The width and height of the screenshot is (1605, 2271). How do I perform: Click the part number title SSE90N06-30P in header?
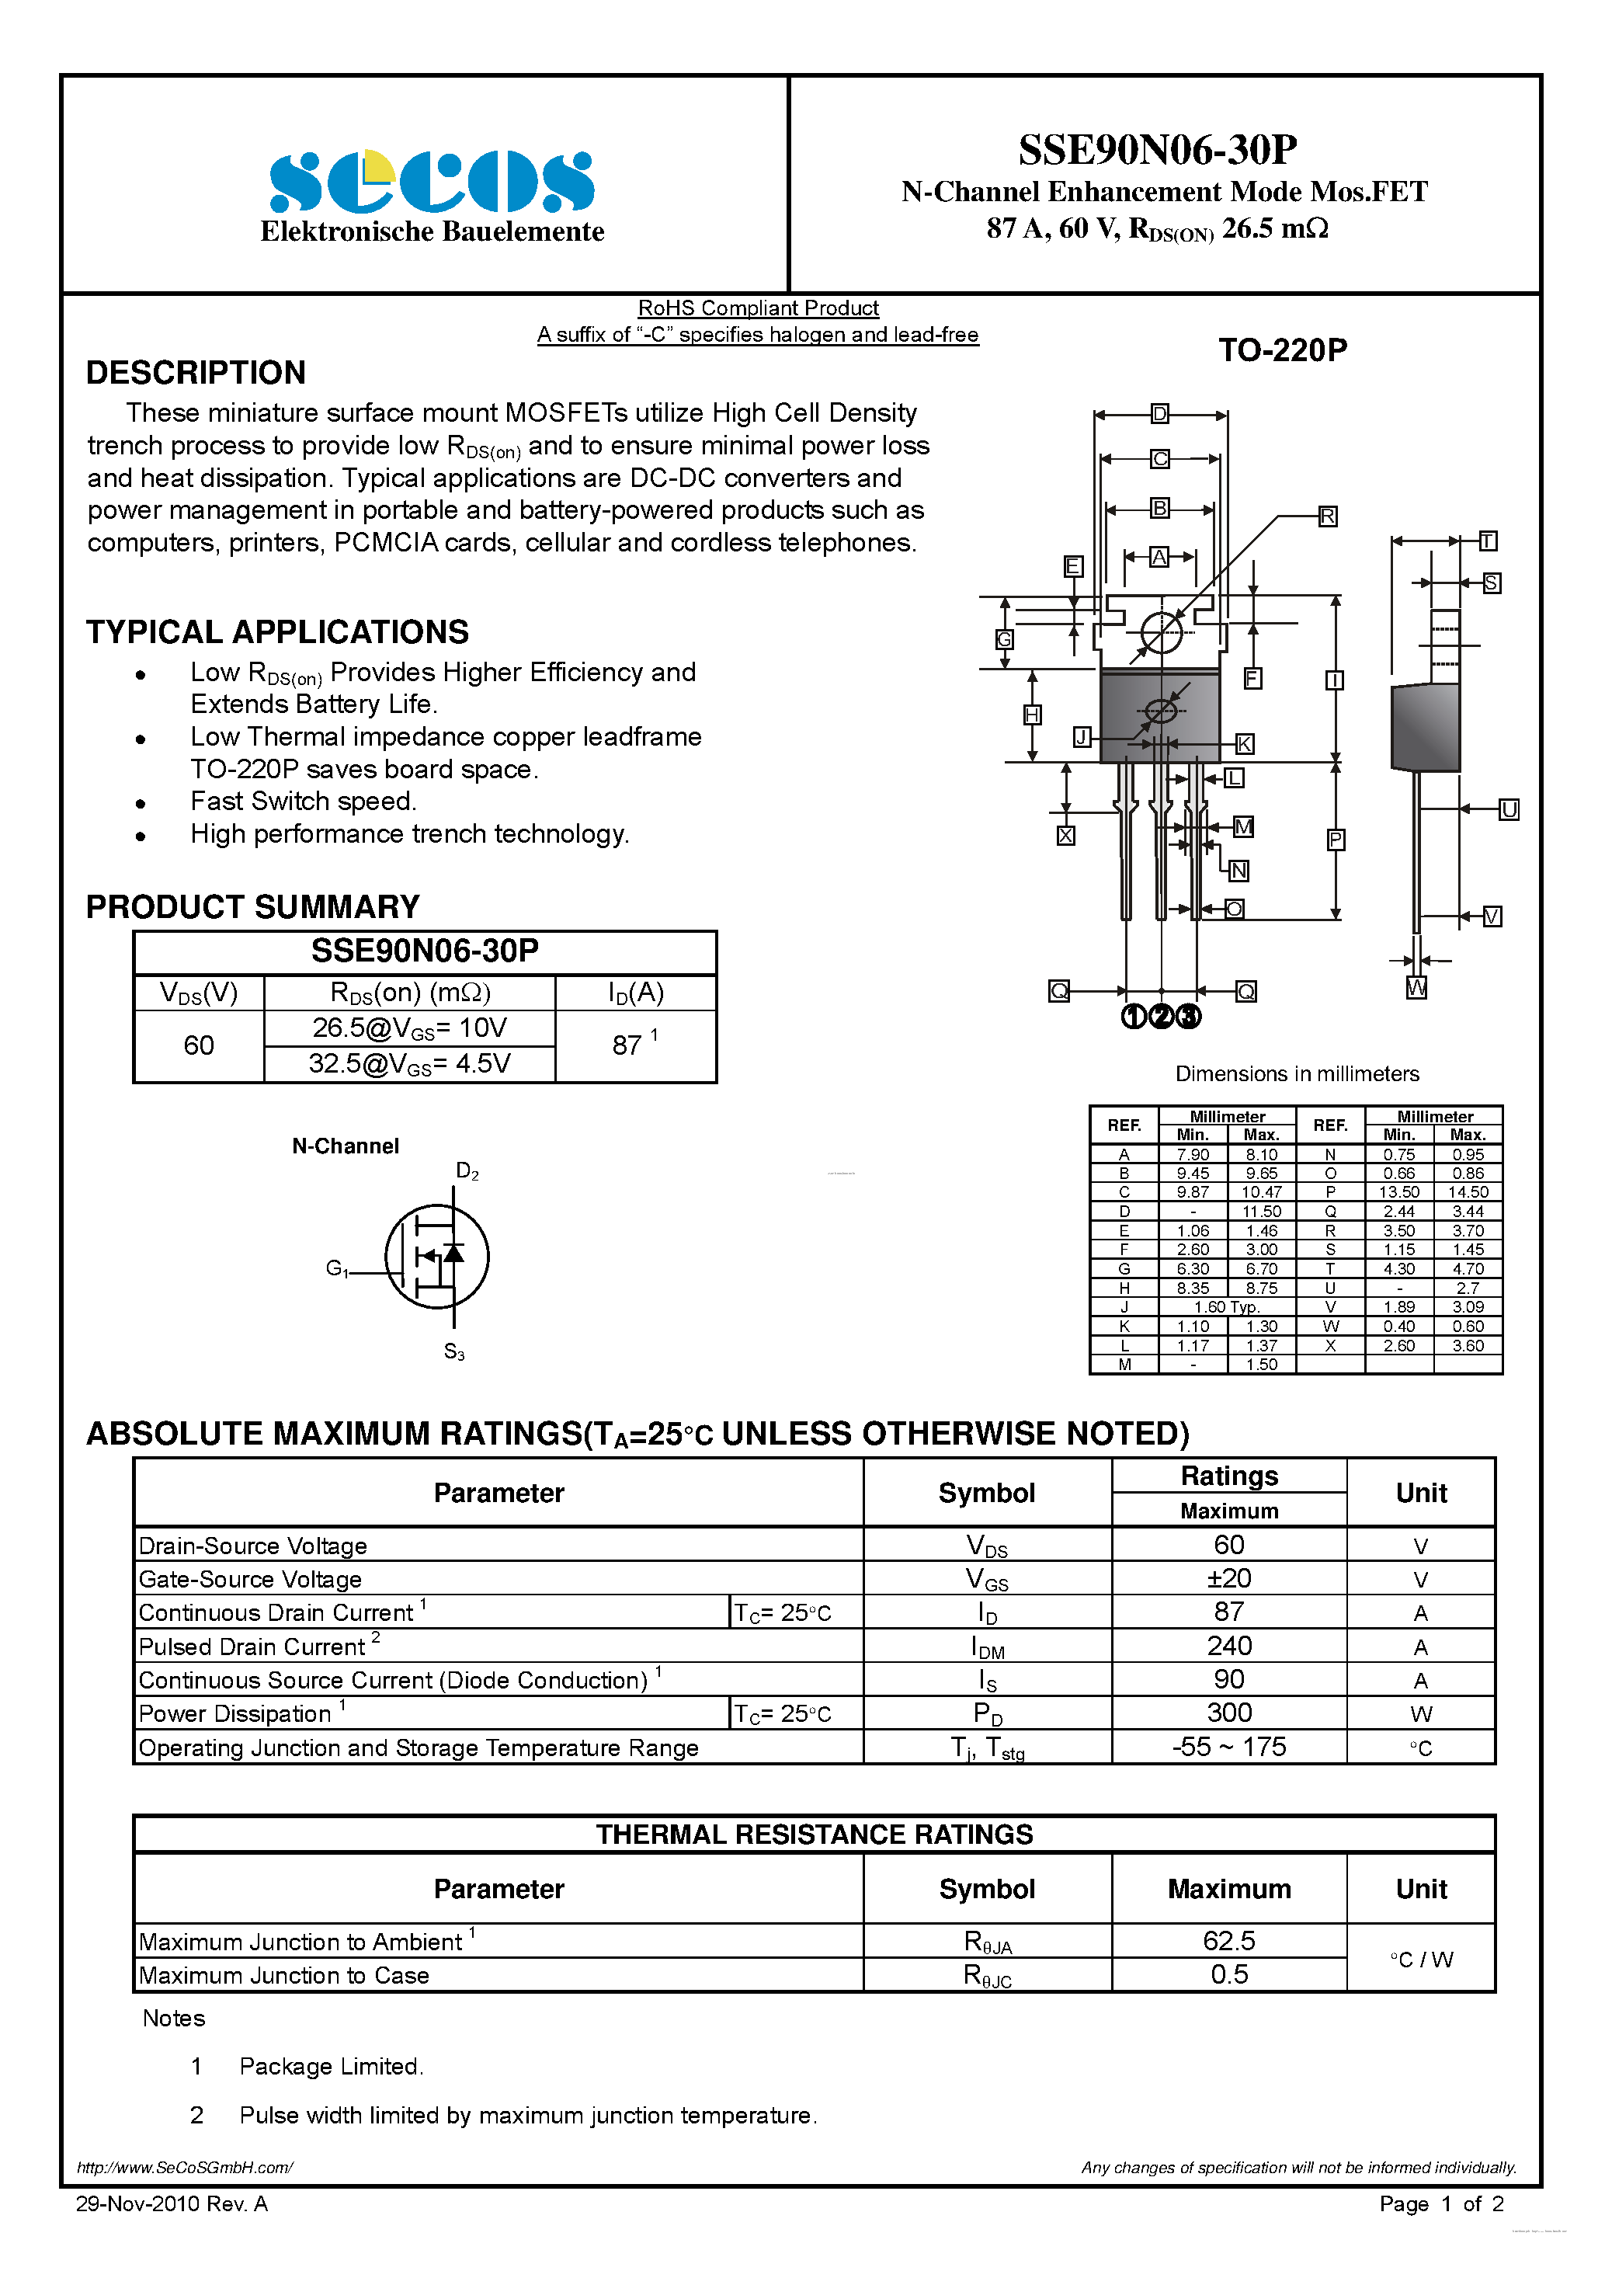pyautogui.click(x=1157, y=149)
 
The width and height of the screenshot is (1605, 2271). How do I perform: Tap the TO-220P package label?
pyautogui.click(x=1282, y=350)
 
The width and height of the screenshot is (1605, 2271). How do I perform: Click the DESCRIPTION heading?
pyautogui.click(x=196, y=373)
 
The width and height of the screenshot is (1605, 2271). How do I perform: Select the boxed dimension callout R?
pyautogui.click(x=1327, y=516)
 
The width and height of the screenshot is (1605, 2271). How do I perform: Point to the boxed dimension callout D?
pyautogui.click(x=1159, y=413)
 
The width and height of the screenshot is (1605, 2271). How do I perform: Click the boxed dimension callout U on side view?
pyautogui.click(x=1508, y=810)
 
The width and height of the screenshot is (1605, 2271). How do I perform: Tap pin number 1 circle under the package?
pyautogui.click(x=1134, y=1016)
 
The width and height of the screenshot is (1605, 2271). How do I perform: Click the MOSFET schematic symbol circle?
pyautogui.click(x=437, y=1256)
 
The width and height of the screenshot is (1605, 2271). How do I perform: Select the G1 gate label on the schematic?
pyautogui.click(x=337, y=1268)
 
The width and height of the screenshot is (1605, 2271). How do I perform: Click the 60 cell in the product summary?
pyautogui.click(x=199, y=1045)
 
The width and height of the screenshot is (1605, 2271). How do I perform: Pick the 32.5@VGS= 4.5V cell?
pyautogui.click(x=409, y=1063)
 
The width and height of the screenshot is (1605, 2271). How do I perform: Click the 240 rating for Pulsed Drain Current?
pyautogui.click(x=1228, y=1646)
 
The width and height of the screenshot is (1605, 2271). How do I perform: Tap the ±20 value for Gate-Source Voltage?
pyautogui.click(x=1228, y=1579)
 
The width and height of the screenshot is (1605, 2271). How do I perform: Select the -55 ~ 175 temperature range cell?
pyautogui.click(x=1228, y=1747)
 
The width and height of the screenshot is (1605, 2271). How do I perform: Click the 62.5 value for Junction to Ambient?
pyautogui.click(x=1228, y=1941)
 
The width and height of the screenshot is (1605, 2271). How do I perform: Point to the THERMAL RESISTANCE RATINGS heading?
pyautogui.click(x=814, y=1835)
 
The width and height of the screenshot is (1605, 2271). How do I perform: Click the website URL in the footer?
pyautogui.click(x=185, y=2167)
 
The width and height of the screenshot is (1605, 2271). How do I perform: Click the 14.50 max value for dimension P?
pyautogui.click(x=1468, y=1192)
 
